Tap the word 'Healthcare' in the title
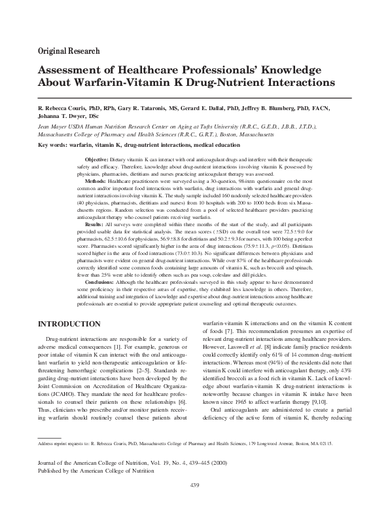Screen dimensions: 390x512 point(147,70)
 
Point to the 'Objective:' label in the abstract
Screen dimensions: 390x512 point(97,159)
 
